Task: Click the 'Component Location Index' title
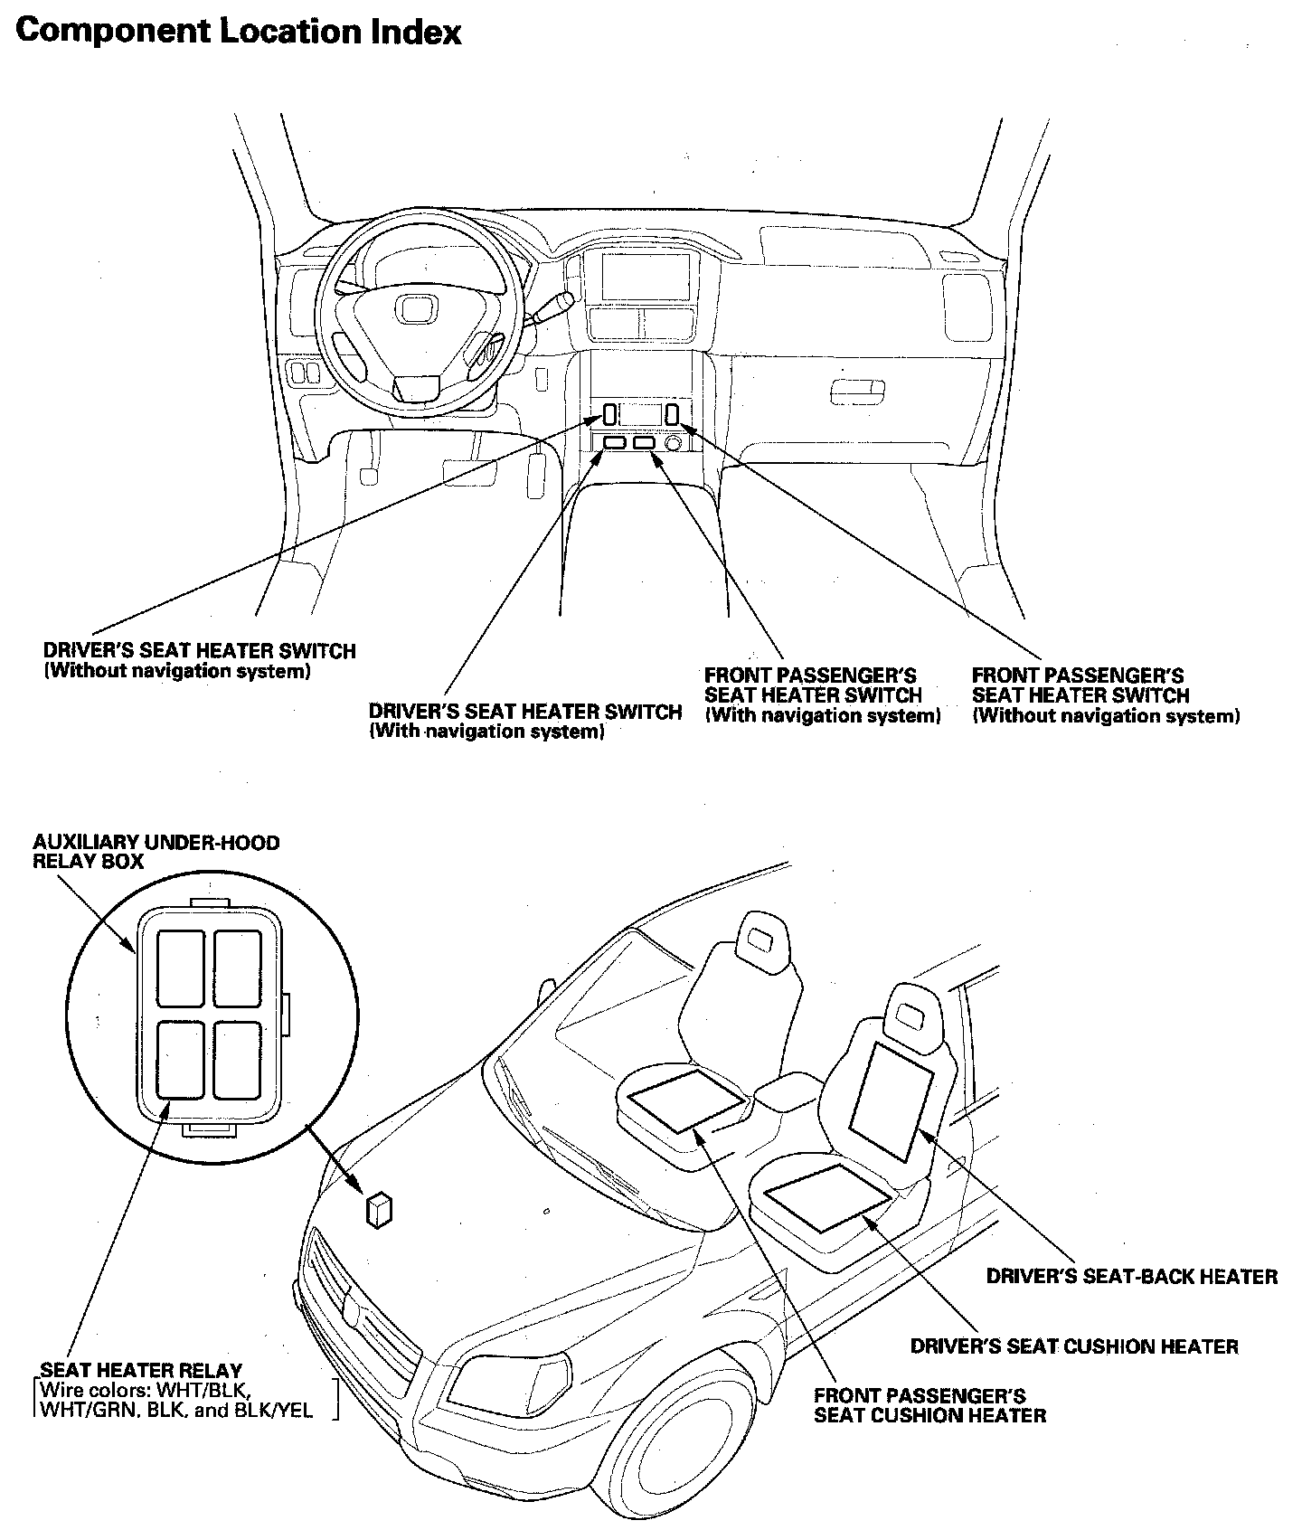[239, 32]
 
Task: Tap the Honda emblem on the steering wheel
[418, 312]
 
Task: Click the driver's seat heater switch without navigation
[610, 415]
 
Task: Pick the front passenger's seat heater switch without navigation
[673, 414]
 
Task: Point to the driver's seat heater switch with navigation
[613, 443]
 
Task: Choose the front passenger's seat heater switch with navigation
[644, 443]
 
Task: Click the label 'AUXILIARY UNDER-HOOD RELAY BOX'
[156, 852]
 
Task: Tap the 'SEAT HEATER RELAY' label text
[141, 1371]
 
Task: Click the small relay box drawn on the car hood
[379, 1209]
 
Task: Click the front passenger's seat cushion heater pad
[687, 1098]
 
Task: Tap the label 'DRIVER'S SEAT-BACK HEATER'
[1131, 1276]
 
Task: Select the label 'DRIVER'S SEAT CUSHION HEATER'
[1073, 1346]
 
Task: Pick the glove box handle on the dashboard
[856, 391]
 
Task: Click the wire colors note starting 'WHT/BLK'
[177, 1400]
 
